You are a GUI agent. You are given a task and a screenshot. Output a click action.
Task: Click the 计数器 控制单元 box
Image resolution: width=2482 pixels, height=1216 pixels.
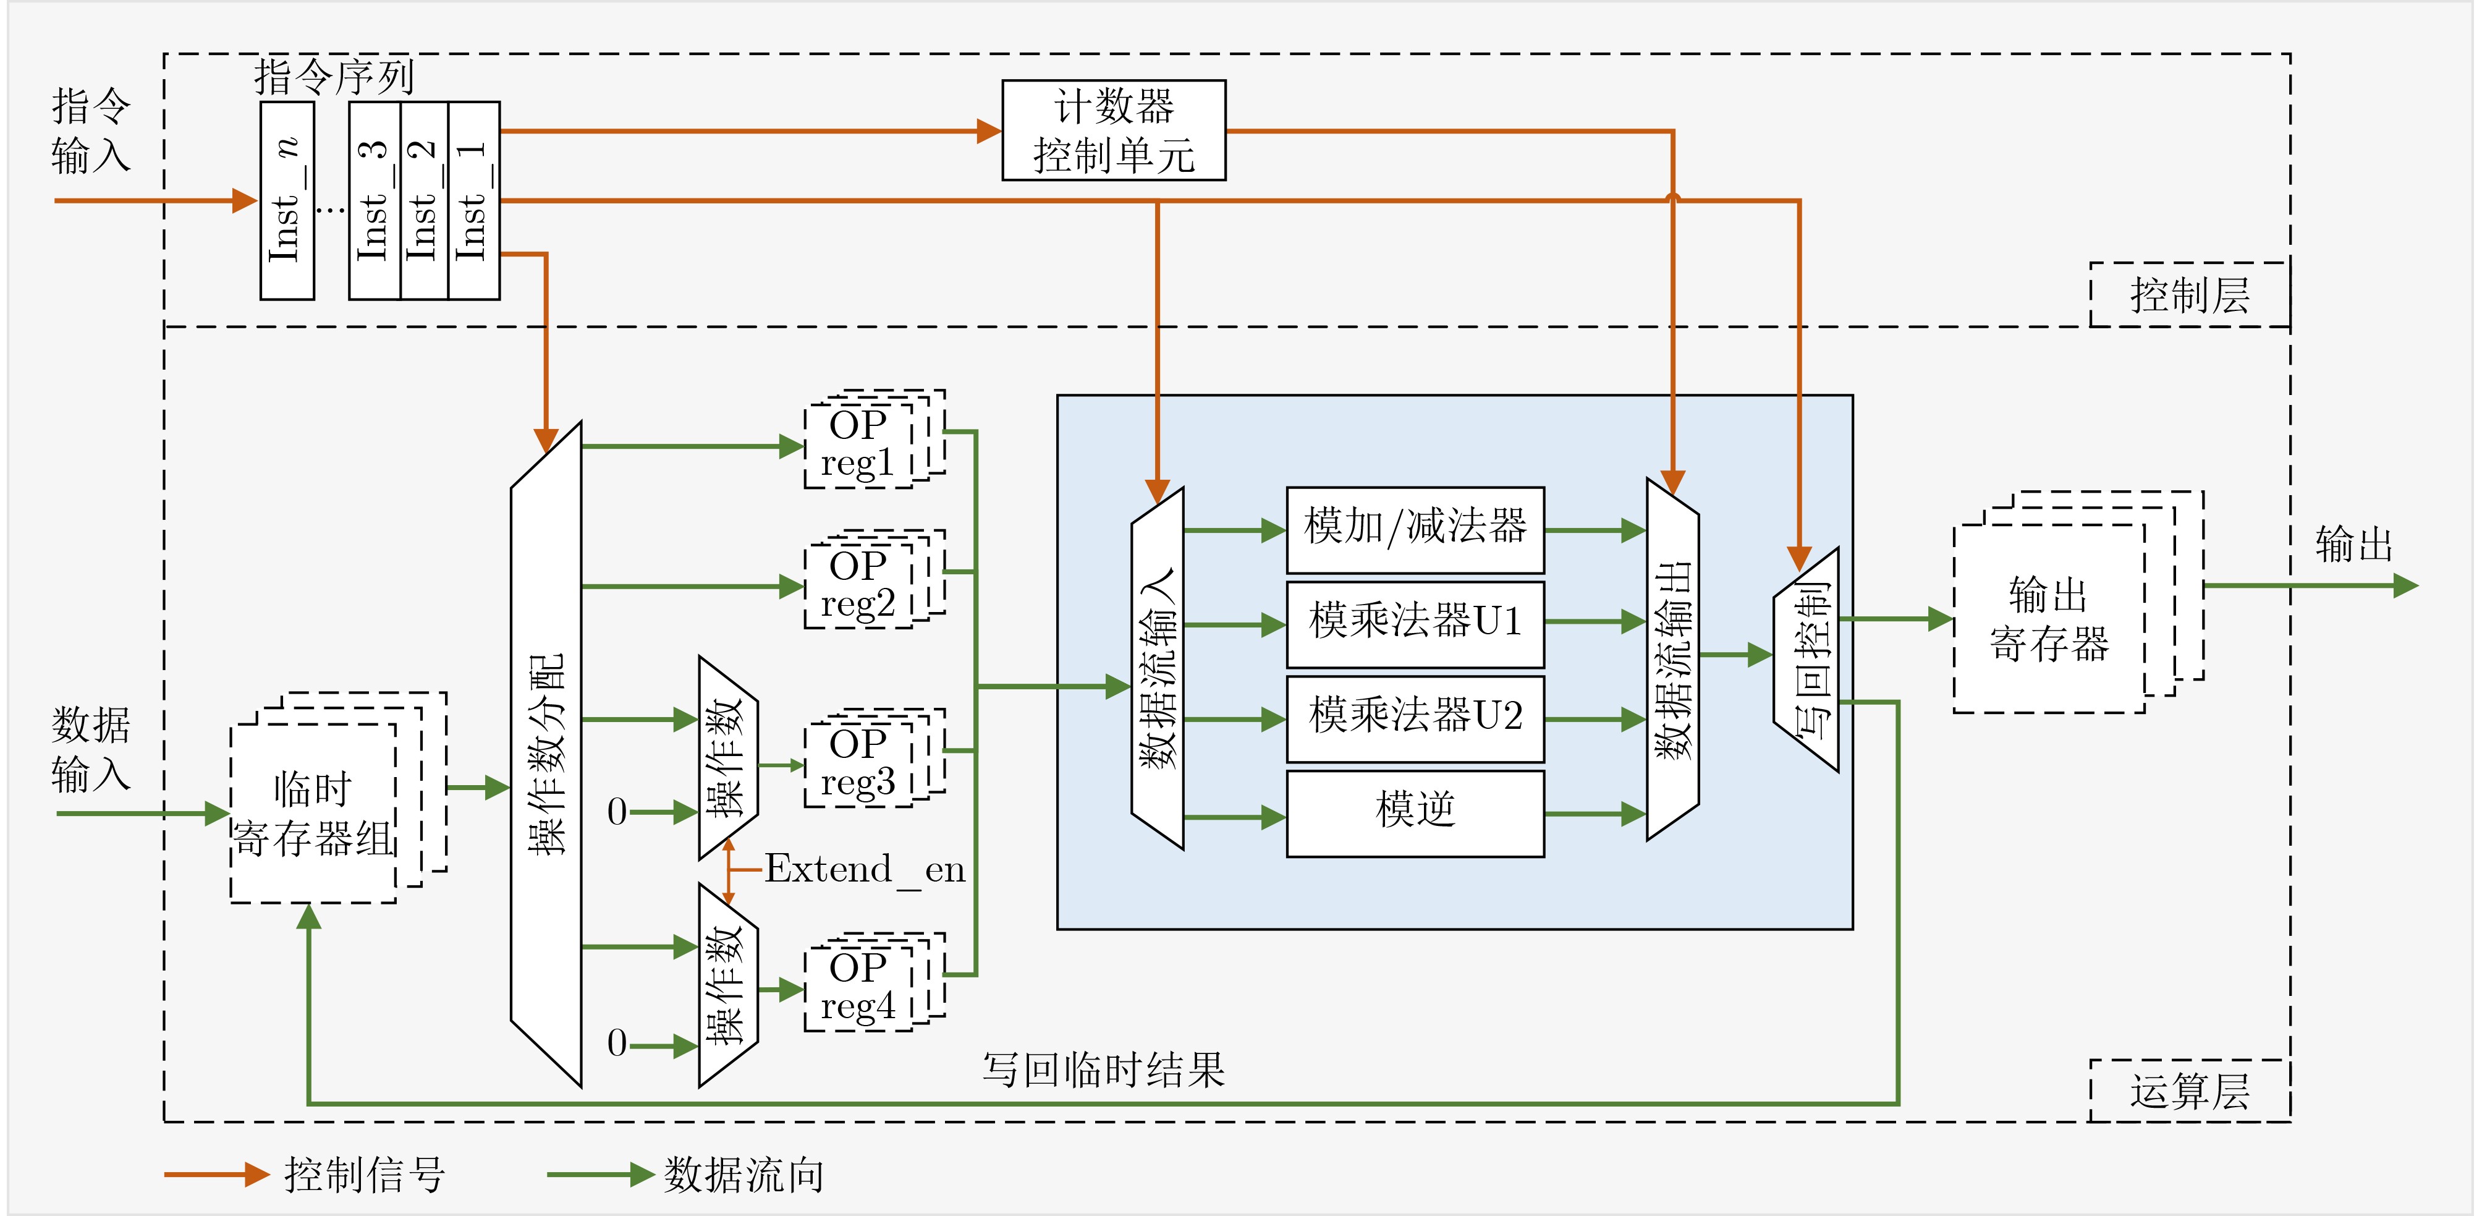pos(1114,130)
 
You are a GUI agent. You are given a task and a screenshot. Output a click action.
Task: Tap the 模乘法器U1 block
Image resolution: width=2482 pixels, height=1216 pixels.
pos(1415,623)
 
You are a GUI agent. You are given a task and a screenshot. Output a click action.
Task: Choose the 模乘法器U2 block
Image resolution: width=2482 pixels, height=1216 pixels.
pos(1415,718)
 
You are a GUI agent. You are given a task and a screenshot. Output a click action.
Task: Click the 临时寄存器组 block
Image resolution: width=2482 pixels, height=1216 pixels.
pos(314,813)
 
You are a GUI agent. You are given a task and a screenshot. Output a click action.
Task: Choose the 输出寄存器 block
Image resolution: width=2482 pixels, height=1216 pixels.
pos(2049,619)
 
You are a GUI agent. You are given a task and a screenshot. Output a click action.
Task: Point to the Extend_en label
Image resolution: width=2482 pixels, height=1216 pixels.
pos(864,870)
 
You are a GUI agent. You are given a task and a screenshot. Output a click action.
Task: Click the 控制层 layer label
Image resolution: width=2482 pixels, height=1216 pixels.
pos(2189,295)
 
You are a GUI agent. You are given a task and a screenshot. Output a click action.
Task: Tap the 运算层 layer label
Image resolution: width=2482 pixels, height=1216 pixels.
pos(2189,1092)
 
